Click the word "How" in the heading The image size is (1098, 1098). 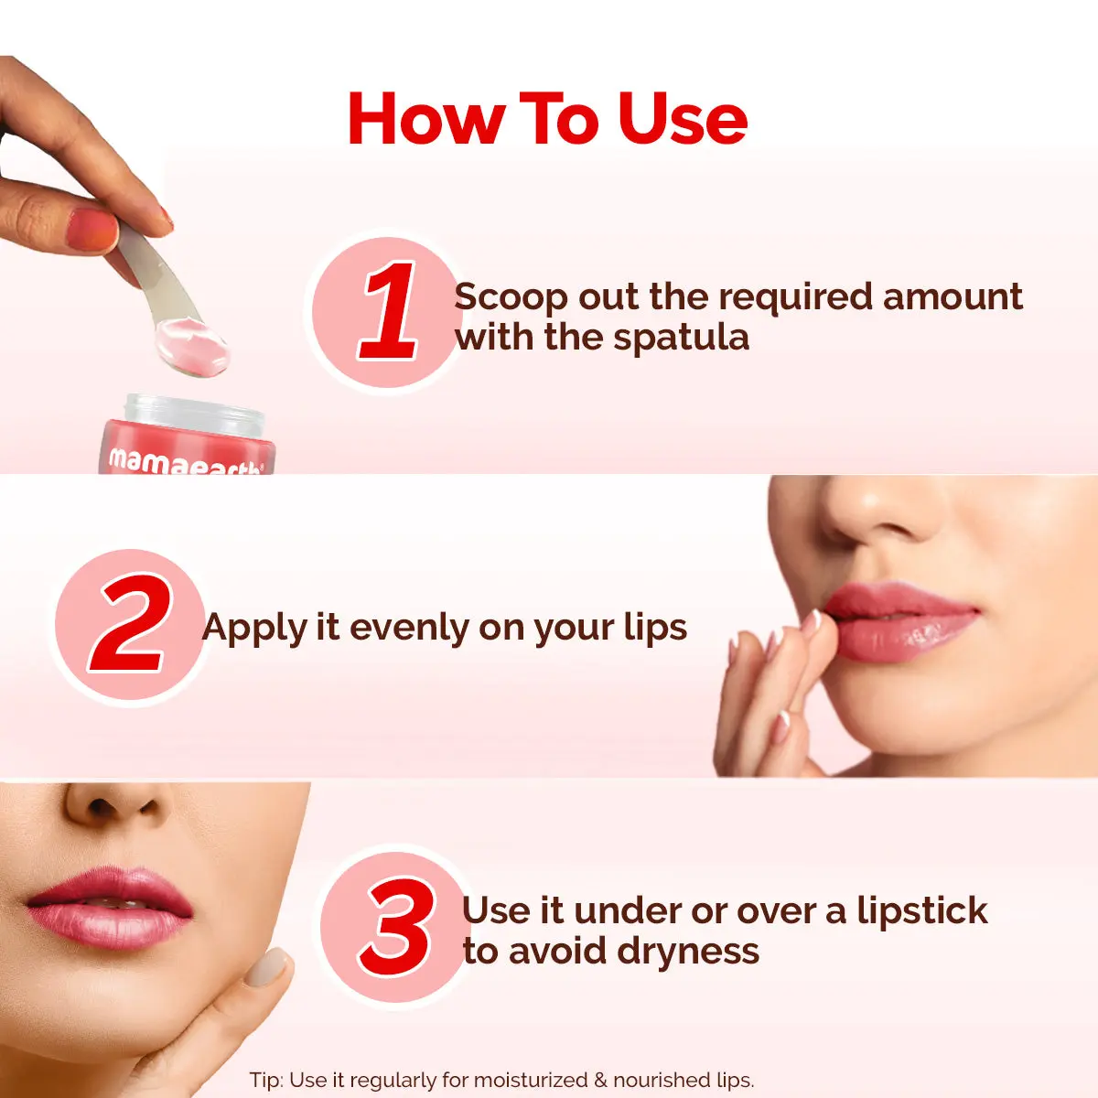(426, 119)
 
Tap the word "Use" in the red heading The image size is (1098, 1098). (683, 119)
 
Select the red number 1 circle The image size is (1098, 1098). (387, 311)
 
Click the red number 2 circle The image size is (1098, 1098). (131, 627)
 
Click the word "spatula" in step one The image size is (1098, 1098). (681, 338)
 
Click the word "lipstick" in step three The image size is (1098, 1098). (922, 910)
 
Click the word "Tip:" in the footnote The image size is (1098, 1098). (266, 1080)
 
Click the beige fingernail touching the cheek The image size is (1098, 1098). (267, 966)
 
